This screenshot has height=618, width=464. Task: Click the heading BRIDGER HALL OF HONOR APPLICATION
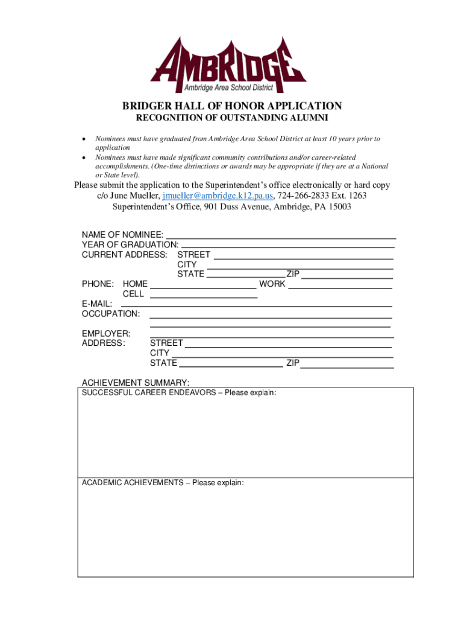[232, 106]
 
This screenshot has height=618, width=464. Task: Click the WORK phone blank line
[340, 284]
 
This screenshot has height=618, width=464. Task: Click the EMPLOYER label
[105, 334]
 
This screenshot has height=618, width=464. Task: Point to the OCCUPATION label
[111, 314]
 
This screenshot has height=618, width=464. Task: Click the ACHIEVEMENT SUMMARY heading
[136, 383]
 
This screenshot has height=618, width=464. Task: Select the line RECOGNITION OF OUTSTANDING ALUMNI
[232, 117]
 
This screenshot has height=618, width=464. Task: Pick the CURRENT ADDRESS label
[124, 255]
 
